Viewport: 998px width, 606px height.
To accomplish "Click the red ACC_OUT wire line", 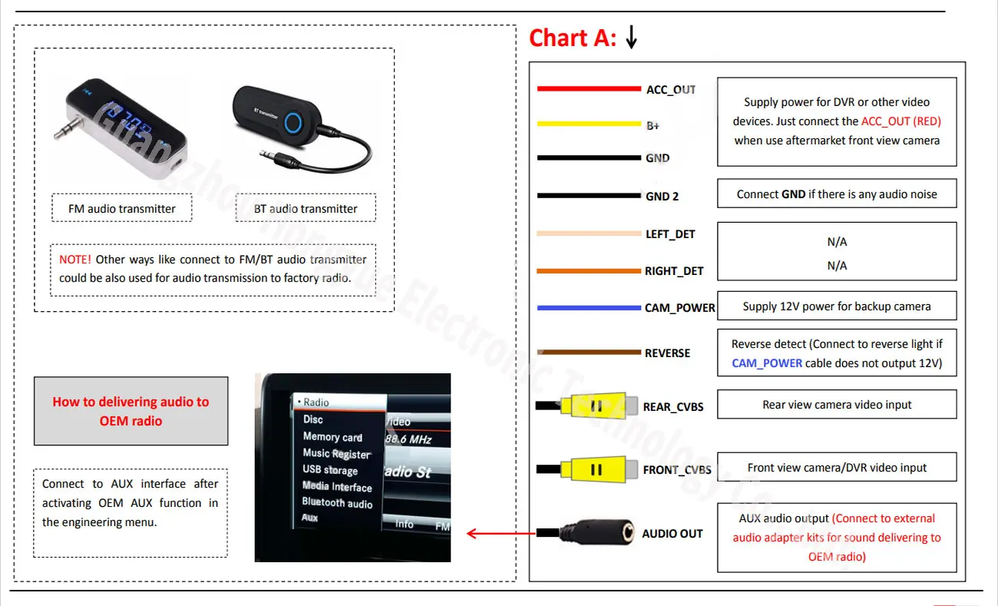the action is (588, 89).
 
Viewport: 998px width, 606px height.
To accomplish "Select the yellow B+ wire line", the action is (588, 123).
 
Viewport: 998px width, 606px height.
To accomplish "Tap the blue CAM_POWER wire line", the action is (588, 308).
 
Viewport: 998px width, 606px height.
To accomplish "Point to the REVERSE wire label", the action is (667, 353).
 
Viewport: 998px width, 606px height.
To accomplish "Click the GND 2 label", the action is (662, 197).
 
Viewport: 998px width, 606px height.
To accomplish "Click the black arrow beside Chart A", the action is (631, 37).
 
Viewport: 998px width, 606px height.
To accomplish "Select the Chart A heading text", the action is (572, 38).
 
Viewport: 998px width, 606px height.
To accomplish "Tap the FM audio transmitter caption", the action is (121, 209).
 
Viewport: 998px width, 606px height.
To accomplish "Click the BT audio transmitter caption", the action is (306, 209).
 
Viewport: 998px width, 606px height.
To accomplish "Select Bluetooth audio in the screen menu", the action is (337, 503).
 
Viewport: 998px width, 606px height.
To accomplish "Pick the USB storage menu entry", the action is (330, 470).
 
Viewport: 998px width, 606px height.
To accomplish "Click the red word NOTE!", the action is (74, 260).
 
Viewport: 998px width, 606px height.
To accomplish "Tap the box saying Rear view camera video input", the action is (837, 405).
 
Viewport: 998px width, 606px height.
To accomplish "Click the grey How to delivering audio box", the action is (131, 411).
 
